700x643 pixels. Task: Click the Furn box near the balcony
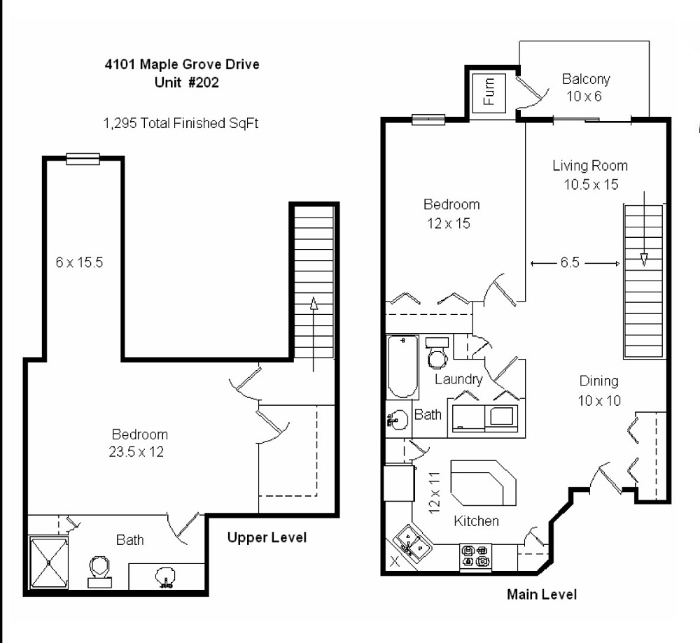(x=489, y=91)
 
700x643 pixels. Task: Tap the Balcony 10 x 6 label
(x=585, y=87)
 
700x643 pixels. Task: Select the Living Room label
(x=590, y=166)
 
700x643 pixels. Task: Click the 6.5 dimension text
(x=568, y=263)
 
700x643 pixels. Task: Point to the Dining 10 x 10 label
(x=598, y=390)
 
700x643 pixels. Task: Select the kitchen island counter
(x=483, y=483)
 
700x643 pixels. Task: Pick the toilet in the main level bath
(x=437, y=354)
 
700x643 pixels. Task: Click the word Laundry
(x=458, y=379)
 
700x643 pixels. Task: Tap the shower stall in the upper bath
(x=48, y=562)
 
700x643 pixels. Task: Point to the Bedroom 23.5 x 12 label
(x=140, y=443)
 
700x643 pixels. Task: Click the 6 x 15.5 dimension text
(x=80, y=263)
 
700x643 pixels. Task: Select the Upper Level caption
(x=267, y=537)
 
